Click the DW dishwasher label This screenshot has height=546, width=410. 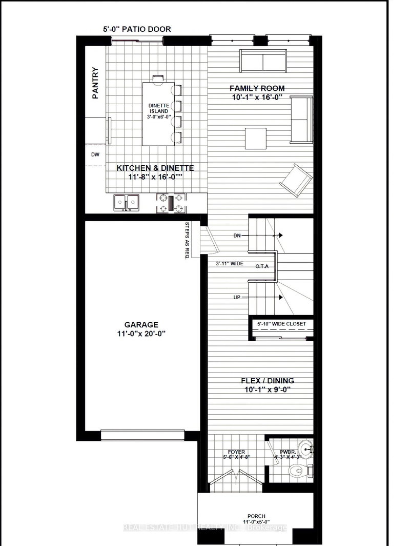coord(95,154)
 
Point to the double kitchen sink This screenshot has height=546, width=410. coord(126,203)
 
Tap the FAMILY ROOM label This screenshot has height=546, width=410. coord(257,88)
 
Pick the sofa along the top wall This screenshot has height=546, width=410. coord(263,62)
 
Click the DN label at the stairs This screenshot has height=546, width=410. coord(237,236)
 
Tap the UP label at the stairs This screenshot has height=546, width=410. coord(236,297)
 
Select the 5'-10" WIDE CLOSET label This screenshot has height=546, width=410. coord(281,324)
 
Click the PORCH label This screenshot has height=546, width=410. coord(254,516)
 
